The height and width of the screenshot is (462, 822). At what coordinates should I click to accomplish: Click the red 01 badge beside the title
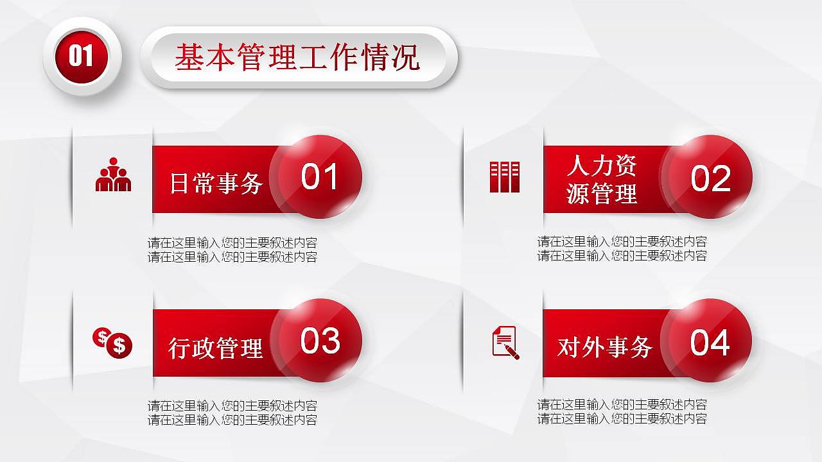82,56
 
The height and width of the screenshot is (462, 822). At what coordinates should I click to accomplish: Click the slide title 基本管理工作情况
297,58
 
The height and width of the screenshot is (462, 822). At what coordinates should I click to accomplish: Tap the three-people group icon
113,175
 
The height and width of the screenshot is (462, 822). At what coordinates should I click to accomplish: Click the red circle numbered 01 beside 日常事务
319,177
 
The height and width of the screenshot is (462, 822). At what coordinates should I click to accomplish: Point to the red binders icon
504,177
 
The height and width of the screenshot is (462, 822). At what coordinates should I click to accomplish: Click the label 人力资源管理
602,180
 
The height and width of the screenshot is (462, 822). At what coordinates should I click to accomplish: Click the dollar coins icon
112,342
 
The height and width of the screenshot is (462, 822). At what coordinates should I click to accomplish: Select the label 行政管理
216,348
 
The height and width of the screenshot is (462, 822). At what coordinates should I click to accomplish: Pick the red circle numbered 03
319,341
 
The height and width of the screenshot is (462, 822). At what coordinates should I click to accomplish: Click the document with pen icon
505,342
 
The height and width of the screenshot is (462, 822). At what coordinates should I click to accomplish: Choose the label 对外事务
605,347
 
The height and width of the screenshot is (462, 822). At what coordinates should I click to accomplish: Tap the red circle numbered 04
710,342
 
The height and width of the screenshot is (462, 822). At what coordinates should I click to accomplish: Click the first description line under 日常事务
232,244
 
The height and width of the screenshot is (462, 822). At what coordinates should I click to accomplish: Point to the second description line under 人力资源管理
622,256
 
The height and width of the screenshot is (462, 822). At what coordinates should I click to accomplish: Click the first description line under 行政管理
232,406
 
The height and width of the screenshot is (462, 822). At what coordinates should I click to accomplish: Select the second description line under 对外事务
622,419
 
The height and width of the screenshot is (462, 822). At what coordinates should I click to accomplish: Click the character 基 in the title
189,58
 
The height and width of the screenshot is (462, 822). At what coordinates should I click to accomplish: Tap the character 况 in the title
405,58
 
